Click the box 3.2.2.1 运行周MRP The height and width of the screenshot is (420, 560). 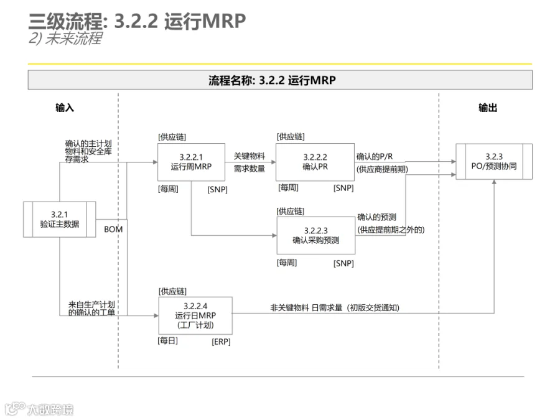point(191,162)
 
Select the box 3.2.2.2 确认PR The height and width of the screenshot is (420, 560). point(315,162)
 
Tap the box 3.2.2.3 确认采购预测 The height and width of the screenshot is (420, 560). point(315,235)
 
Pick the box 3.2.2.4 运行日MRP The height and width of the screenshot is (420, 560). point(195,315)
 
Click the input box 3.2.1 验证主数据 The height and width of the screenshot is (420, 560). point(59,219)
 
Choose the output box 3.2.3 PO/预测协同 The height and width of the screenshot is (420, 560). point(494,161)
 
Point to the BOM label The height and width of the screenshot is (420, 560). point(113,229)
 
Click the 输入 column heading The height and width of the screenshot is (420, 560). point(65,108)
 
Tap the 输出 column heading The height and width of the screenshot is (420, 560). point(488,108)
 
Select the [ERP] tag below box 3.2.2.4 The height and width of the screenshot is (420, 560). point(221,342)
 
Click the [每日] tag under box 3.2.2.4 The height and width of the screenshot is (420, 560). point(168,341)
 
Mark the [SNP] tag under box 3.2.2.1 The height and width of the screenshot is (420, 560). point(218,189)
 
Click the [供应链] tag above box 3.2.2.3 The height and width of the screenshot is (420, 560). point(291,212)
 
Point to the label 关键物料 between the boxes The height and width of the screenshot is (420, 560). point(250,156)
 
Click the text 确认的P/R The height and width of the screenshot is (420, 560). point(375,156)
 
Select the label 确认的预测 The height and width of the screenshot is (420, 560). point(377,217)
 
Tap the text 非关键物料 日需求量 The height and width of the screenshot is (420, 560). point(306,307)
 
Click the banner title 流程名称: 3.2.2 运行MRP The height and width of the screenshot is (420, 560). point(272,80)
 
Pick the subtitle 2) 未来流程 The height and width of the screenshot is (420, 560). point(65,38)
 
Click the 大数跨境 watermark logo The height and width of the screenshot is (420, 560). point(39,409)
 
